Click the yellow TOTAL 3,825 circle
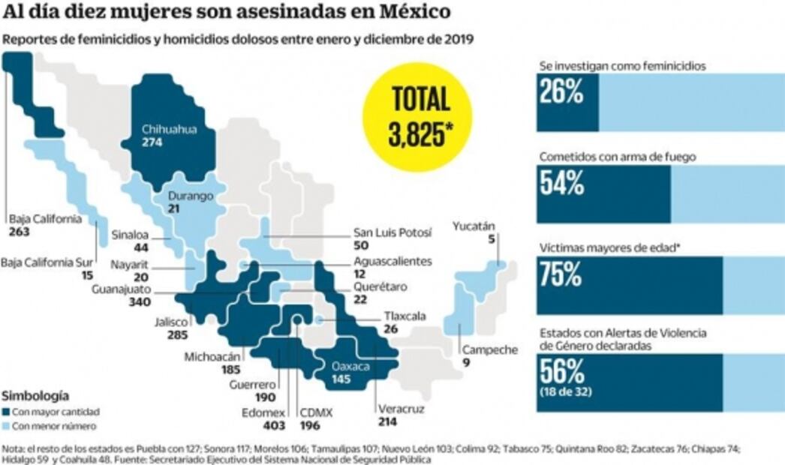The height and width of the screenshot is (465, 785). tap(417, 117)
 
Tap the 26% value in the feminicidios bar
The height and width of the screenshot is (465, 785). tap(561, 93)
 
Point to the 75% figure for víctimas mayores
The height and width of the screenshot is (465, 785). tap(561, 275)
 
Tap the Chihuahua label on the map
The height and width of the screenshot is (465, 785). tap(169, 130)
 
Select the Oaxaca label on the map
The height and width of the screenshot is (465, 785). tap(351, 367)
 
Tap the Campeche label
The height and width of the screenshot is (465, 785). tap(489, 349)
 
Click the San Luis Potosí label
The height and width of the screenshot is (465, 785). tap(392, 233)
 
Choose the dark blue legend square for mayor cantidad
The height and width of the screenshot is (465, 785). tap(7, 412)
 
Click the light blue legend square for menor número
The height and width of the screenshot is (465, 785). tap(7, 425)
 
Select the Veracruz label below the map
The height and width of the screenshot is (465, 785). tap(397, 409)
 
